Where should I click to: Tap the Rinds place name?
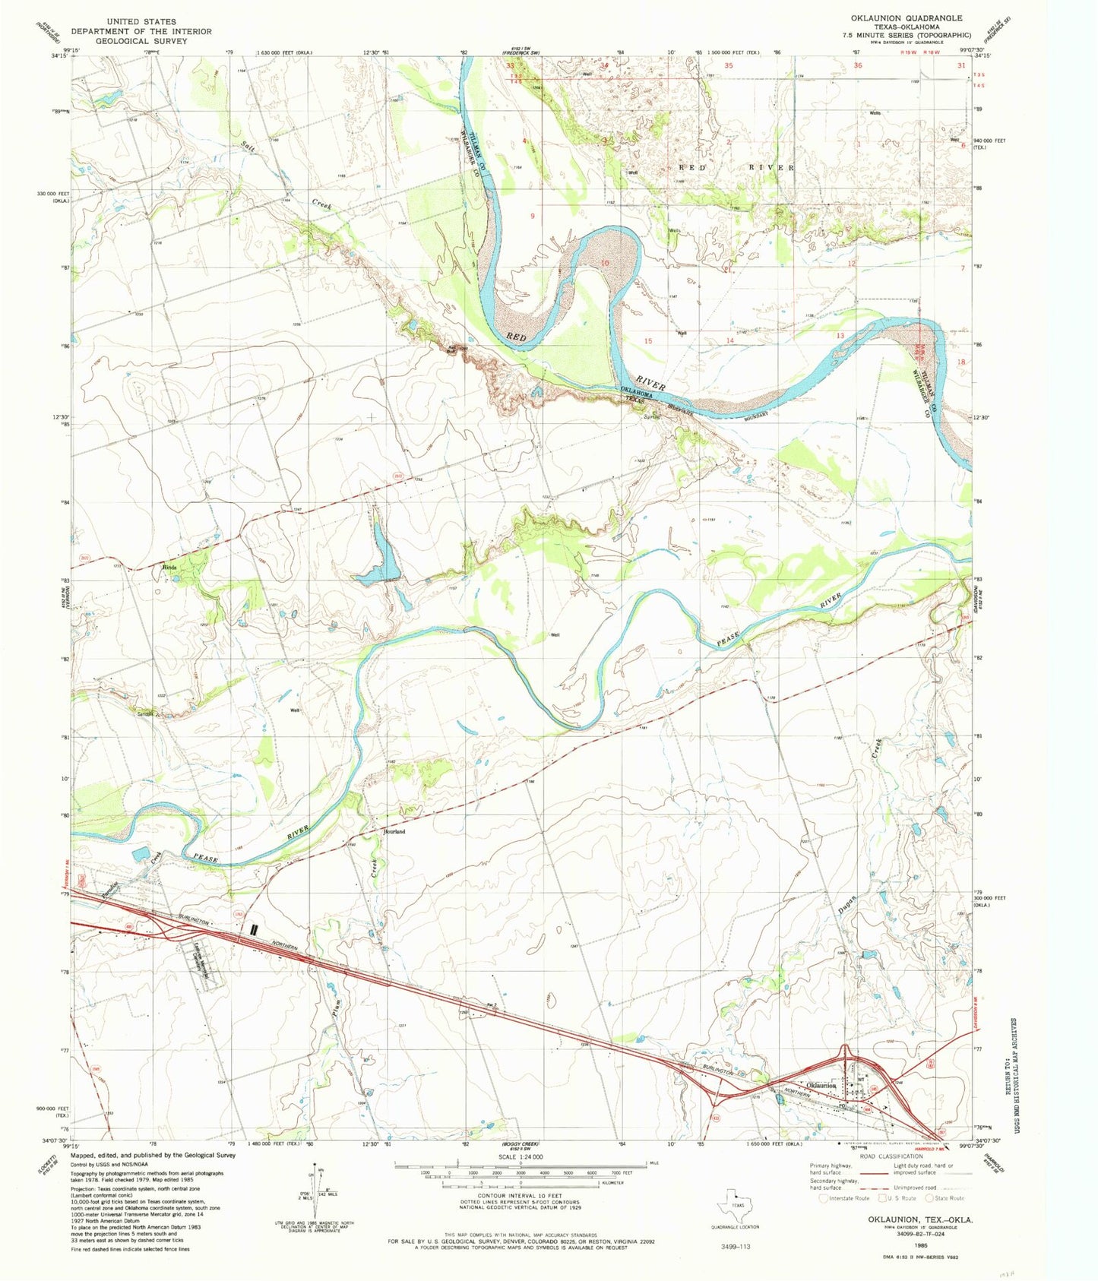pos(169,567)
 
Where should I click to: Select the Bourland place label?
pos(393,832)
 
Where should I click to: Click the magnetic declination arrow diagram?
pos(318,1191)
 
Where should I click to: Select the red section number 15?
pos(648,341)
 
